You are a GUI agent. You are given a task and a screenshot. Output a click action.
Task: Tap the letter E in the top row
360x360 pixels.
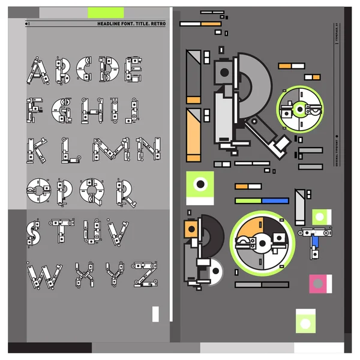(134, 68)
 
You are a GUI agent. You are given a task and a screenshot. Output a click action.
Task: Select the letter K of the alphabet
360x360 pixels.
(37, 150)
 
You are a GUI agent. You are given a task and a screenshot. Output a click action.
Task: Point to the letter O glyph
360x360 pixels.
(37, 191)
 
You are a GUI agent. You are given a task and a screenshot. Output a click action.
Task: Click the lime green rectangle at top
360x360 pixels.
(106, 12)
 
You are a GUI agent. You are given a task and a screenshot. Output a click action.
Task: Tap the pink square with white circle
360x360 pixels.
(319, 283)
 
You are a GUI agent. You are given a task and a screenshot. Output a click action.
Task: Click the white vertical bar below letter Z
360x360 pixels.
(155, 313)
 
